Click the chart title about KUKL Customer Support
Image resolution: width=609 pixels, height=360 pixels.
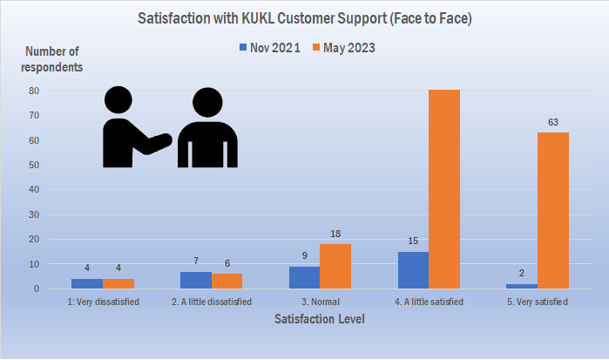(304, 17)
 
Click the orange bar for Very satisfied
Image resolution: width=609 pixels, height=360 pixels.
(552, 210)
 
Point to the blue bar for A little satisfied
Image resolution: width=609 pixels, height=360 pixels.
(413, 270)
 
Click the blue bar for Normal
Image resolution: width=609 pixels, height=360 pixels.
(304, 277)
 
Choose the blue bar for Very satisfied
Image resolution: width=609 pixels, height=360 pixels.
(522, 286)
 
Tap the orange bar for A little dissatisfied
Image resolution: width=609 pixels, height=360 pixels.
(227, 281)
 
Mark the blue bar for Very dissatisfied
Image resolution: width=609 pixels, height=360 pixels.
(87, 283)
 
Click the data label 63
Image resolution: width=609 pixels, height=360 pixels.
(552, 122)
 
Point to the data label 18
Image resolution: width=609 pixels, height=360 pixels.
(335, 234)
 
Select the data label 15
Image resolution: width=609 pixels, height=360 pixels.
(413, 241)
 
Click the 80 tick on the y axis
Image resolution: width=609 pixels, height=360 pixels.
(58, 91)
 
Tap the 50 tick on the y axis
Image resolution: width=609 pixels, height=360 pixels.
(58, 165)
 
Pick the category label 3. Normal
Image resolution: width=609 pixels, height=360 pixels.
(319, 302)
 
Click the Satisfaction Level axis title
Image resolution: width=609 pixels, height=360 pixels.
(319, 320)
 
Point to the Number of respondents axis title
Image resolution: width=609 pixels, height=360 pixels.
(53, 59)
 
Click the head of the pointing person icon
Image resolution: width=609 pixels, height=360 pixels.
(118, 101)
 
